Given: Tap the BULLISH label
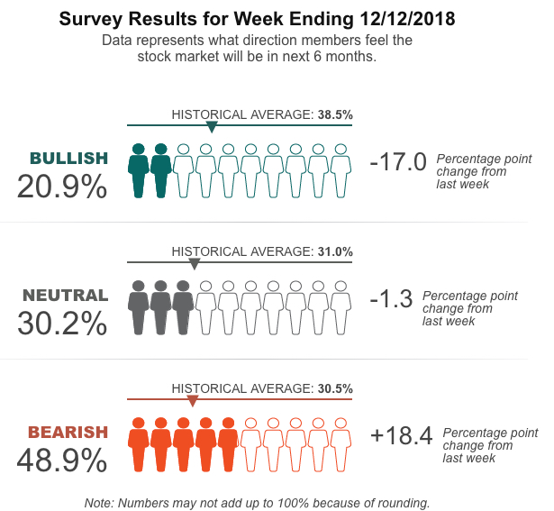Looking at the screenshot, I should coord(68,159).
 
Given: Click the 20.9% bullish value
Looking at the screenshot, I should coord(62,187).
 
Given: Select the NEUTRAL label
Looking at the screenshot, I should coord(65,296).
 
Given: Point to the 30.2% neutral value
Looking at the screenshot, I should coord(62,323).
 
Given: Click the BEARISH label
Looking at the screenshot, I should coord(68,433).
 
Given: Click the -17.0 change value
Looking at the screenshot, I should coord(397,162).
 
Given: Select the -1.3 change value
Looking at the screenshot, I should coord(391,299).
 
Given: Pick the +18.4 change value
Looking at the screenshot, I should coord(402,436).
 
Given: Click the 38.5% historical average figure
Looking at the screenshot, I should coord(335,114).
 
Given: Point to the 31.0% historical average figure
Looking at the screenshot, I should coord(335,251).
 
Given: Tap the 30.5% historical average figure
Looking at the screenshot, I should coord(335,388).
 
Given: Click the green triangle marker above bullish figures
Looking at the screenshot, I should coord(212,127).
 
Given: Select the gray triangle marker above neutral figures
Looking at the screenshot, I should coord(194,264).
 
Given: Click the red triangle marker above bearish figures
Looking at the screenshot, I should coord(192,401).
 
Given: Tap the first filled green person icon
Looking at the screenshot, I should coord(138,170).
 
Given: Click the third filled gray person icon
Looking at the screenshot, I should coord(183,307).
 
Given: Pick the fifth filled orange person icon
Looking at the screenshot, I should coord(228,444).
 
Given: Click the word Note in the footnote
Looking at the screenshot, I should coord(98,502).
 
